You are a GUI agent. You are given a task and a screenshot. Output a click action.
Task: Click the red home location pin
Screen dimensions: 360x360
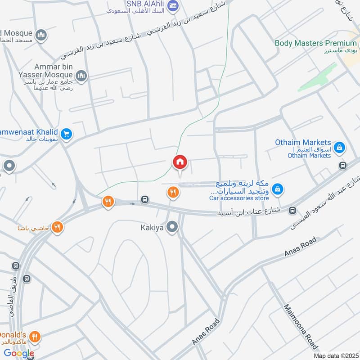180,162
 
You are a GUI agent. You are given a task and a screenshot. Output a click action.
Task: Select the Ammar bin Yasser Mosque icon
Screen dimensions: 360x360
81,76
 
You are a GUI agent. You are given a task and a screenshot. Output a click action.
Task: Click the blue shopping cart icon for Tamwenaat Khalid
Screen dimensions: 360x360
67,134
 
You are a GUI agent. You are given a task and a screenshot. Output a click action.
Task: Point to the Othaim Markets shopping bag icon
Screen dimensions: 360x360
340,147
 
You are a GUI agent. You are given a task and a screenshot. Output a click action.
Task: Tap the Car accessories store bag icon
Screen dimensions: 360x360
278,189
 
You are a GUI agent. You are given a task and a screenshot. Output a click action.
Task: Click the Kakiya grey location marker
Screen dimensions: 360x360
171,228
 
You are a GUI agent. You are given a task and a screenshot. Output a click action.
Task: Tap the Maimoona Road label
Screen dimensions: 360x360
301,327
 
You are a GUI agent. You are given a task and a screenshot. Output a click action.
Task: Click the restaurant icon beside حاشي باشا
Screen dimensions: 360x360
57,227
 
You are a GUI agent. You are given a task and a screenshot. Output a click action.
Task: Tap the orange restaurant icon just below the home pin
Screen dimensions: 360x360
173,193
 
